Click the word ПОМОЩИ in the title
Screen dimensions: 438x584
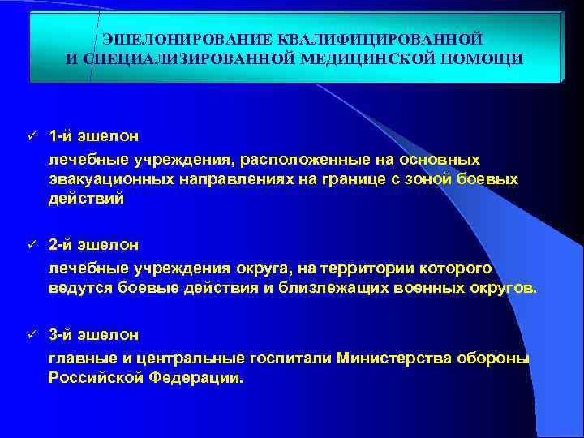pyautogui.click(x=484, y=58)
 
